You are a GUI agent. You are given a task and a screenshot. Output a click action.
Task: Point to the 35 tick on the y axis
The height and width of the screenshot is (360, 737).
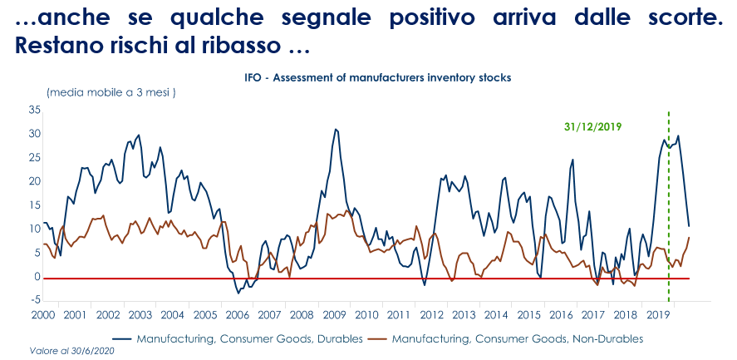[34, 110]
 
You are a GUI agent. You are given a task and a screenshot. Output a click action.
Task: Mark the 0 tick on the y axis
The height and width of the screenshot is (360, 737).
[37, 277]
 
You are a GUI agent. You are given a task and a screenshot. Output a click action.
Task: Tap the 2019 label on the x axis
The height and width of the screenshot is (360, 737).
[658, 315]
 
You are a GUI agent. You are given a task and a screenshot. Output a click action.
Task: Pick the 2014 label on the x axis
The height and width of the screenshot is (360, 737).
[496, 315]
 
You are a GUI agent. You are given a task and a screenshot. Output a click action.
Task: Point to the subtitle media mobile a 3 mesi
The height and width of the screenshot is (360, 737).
[111, 91]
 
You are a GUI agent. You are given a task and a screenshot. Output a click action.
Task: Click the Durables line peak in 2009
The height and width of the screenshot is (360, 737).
[336, 130]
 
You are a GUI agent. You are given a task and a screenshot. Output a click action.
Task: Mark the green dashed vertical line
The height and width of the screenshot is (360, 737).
[669, 208]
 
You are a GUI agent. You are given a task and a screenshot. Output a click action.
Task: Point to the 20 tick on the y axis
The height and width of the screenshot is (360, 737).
[34, 181]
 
